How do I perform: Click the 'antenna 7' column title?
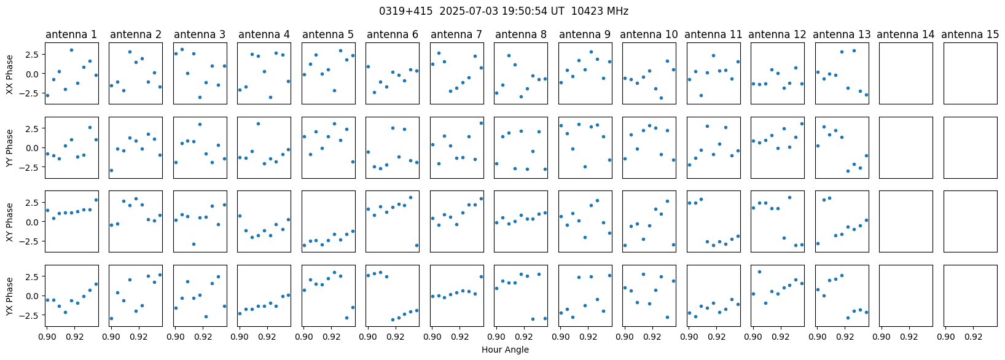pos(456,34)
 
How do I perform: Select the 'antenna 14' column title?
pos(905,34)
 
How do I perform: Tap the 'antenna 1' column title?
pos(71,34)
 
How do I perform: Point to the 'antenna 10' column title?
pos(649,34)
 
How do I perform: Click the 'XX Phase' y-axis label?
pos(9,74)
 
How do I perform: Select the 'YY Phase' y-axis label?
pos(9,148)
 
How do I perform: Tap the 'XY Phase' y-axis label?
pos(9,222)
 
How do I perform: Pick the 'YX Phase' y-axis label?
pos(9,296)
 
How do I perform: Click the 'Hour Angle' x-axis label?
pos(505,350)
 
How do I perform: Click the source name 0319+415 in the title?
pos(405,11)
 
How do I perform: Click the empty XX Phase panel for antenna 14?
pos(906,73)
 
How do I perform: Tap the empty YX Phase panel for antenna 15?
pos(971,296)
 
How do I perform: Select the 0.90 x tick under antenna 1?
pos(47,336)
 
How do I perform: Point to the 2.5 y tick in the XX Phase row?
pos(34,54)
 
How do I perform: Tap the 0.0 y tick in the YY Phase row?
pos(34,147)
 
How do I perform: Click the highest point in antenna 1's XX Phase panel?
pos(71,50)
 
